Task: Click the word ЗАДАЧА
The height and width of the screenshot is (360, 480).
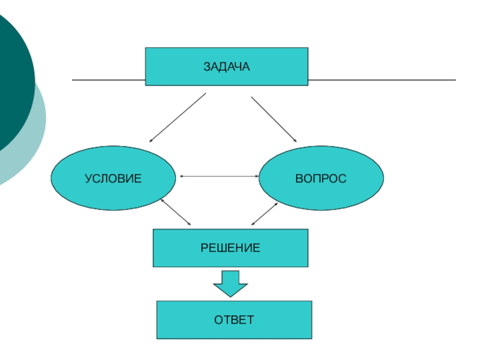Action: (x=226, y=67)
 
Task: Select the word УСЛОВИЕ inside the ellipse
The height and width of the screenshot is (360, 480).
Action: (x=113, y=178)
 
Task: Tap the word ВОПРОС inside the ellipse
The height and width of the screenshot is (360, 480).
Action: (x=320, y=178)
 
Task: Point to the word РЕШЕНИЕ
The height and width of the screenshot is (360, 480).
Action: (x=230, y=248)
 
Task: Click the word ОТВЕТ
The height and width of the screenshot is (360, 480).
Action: (x=234, y=320)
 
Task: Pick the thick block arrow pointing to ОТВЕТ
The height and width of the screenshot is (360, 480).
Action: (x=230, y=283)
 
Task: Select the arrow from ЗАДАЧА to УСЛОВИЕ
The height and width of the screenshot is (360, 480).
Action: (x=177, y=118)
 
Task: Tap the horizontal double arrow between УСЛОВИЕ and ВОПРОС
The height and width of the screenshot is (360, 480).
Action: (x=218, y=176)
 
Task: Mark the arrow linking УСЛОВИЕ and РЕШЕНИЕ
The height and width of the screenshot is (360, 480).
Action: (x=176, y=212)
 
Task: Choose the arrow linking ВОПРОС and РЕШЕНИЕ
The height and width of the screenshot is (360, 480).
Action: (x=264, y=214)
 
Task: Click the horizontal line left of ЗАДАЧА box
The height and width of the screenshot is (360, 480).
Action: (x=108, y=80)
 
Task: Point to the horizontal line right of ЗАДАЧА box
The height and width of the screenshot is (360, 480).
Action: (x=382, y=80)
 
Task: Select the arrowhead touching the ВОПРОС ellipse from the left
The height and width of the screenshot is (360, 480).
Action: (x=256, y=176)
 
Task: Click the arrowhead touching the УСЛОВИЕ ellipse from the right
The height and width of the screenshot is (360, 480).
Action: (x=181, y=176)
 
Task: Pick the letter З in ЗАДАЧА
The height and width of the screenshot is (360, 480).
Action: (x=206, y=67)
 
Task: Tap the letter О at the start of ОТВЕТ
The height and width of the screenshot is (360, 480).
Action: (x=218, y=320)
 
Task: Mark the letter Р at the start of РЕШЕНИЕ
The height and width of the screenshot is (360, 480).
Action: (x=204, y=248)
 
